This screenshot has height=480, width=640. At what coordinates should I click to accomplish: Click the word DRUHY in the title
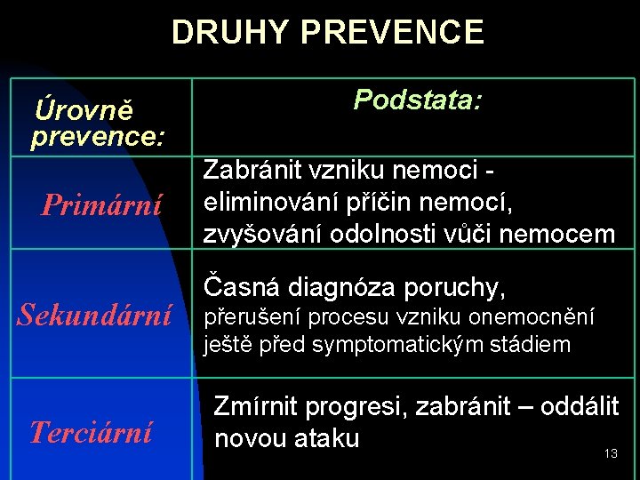[x=232, y=32]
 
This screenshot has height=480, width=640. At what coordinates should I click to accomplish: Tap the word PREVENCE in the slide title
[x=393, y=32]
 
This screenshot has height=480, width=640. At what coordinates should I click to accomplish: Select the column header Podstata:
[x=418, y=100]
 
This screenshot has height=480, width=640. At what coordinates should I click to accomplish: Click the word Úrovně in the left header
[x=84, y=111]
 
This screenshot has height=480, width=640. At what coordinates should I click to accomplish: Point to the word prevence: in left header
[x=97, y=138]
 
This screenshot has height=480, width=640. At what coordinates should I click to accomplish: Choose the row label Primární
[x=102, y=205]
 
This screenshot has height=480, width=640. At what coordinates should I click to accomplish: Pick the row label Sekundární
[x=95, y=314]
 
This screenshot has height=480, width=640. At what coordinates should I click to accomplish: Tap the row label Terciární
[x=91, y=432]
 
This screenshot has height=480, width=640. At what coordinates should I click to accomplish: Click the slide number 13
[x=610, y=454]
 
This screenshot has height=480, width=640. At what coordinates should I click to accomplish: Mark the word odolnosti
[x=370, y=234]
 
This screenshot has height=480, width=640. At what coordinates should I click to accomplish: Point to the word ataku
[x=326, y=437]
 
